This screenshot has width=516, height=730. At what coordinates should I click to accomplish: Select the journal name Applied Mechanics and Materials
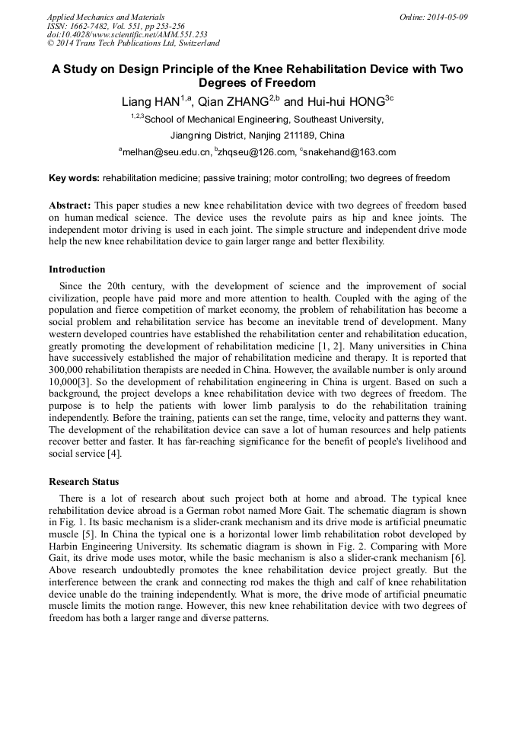coord(106,17)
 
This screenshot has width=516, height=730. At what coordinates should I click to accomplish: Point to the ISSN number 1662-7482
coord(94,25)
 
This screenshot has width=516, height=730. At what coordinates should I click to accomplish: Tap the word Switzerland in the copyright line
coord(193,43)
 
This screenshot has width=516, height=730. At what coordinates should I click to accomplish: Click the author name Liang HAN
coord(151,102)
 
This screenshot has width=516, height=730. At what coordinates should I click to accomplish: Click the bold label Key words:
coord(74,178)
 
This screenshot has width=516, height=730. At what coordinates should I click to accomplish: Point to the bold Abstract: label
coord(70,206)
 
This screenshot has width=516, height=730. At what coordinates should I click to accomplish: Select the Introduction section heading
coord(77,269)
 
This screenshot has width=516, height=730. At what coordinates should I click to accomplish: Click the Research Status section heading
coord(84,482)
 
